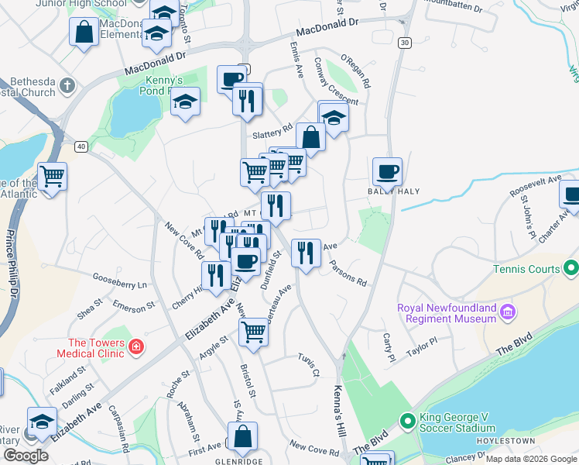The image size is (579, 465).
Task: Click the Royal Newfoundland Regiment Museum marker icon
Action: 508,312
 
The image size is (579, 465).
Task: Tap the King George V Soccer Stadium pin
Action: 408,422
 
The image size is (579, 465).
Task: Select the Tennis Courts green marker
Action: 571,270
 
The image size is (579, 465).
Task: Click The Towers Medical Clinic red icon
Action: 136,346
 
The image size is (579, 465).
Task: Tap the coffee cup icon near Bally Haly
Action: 387,171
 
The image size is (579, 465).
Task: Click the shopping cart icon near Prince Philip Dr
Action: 52,177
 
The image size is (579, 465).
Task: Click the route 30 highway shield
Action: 405,43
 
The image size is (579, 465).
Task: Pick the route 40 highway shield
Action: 81,146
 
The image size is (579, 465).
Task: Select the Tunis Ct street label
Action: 308,364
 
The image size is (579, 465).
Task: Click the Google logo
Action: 26,456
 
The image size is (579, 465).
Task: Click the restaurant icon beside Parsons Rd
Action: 306,252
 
